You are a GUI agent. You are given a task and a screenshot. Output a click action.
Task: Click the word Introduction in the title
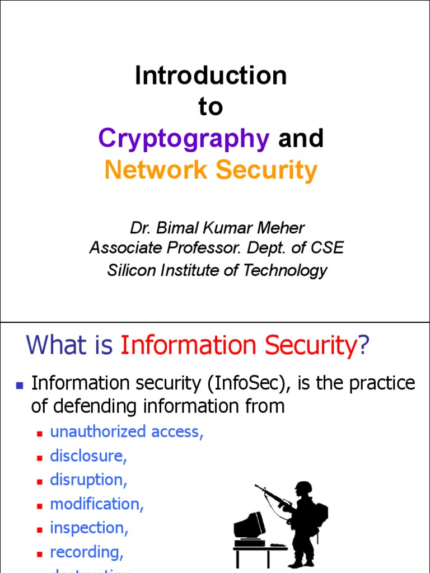(x=211, y=76)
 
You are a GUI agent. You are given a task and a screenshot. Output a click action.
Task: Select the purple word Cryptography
(x=184, y=138)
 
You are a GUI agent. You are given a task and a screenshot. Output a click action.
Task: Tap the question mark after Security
(x=364, y=346)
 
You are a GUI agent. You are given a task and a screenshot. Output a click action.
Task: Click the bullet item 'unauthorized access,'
(x=127, y=431)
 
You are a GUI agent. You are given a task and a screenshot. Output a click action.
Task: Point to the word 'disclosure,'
(x=88, y=456)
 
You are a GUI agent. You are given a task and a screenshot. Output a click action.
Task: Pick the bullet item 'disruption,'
(x=87, y=480)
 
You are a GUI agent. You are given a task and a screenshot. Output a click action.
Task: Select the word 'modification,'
(x=97, y=504)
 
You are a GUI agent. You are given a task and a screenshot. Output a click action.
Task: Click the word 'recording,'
(x=87, y=552)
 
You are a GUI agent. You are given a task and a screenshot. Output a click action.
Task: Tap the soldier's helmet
(x=303, y=487)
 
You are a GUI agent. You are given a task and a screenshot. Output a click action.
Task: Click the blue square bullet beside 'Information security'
(x=20, y=386)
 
